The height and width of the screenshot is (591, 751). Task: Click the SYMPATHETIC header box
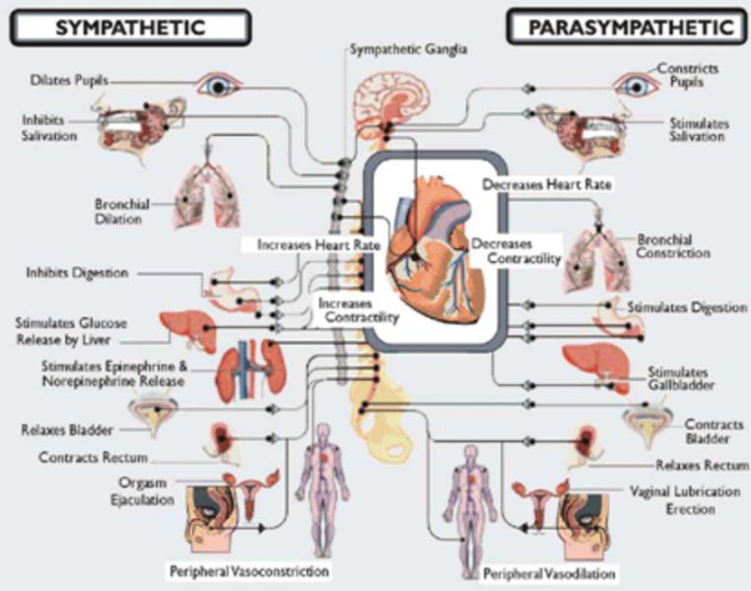130,28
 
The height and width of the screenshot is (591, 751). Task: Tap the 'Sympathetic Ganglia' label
408,49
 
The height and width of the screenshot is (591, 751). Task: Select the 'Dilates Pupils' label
69,80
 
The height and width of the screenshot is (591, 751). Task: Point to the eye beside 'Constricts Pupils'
636,86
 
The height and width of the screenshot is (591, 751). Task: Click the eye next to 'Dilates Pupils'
219,86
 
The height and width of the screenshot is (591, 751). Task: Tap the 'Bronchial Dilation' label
121,212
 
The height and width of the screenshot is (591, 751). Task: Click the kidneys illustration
251,371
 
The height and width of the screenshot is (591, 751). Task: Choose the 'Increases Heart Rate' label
318,245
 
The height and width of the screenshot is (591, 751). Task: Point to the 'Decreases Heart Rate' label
546,184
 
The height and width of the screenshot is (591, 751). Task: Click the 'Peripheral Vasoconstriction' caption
249,571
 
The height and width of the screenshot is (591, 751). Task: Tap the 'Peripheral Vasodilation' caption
549,573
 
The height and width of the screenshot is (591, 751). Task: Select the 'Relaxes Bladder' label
67,429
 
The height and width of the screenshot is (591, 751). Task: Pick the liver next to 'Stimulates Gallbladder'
596,366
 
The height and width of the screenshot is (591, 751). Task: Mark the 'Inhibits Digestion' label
77,273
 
